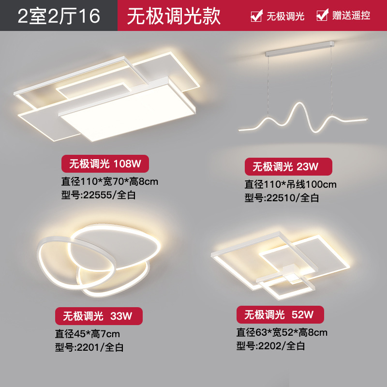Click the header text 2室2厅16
tap(59, 15)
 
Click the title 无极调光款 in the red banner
tap(174, 15)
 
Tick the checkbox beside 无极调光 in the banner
tap(256, 15)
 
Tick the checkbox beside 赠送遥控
tap(322, 15)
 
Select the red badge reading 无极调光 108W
tap(104, 164)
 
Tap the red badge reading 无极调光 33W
tap(98, 316)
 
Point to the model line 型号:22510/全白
tap(282, 197)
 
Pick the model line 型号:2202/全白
tap(270, 345)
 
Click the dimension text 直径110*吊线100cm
tap(290, 184)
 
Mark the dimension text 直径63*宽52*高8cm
tap(282, 332)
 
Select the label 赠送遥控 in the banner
tap(351, 15)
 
